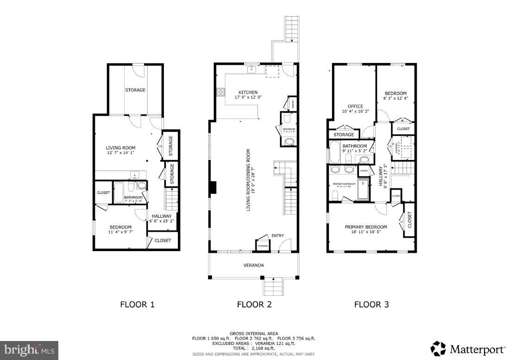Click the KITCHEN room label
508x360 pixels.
(248, 92)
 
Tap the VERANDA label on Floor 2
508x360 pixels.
(254, 265)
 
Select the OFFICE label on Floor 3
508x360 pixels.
(356, 106)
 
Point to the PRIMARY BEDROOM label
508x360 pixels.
(366, 227)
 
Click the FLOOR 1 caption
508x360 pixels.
(137, 304)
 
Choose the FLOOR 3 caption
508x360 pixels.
(371, 304)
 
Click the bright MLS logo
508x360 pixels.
(30, 349)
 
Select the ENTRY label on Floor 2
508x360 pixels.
(278, 235)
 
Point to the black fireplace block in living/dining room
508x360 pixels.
(213, 187)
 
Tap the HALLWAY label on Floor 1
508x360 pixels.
(162, 216)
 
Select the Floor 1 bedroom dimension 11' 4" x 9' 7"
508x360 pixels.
(120, 232)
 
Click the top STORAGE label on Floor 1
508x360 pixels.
(135, 90)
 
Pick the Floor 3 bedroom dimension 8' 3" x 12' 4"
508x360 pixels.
(395, 98)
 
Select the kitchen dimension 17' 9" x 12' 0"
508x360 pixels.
(248, 97)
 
